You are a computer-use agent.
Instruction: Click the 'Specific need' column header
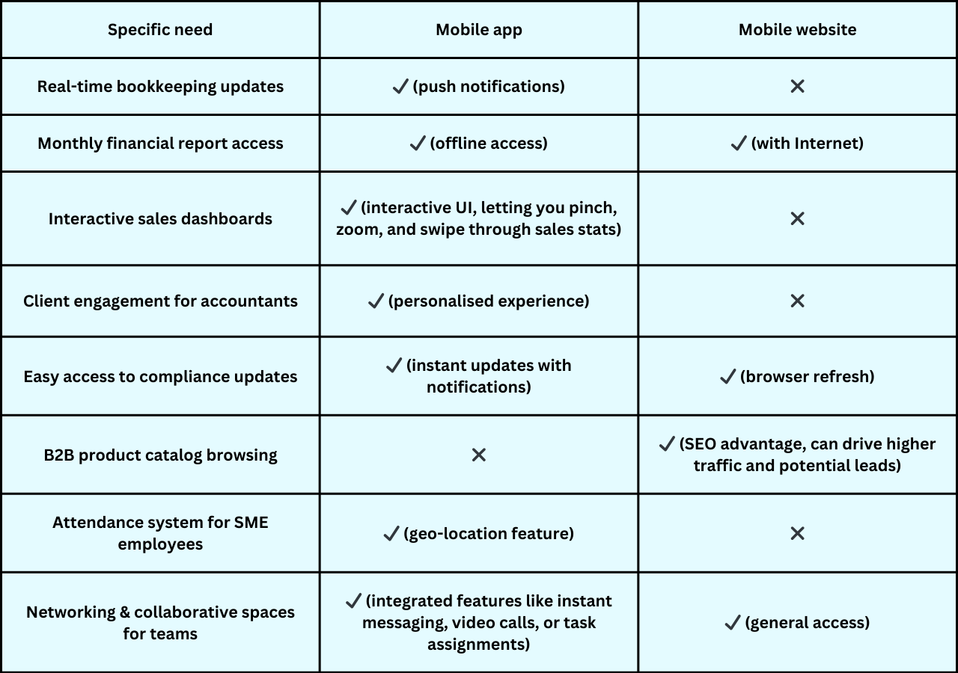click(x=160, y=30)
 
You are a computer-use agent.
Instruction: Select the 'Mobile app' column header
click(x=478, y=30)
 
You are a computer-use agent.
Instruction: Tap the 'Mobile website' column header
click(x=797, y=30)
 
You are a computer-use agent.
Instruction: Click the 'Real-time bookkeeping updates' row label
click(x=160, y=87)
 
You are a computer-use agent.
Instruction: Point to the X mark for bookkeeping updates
click(x=797, y=86)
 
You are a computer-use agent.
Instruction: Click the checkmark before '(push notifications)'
click(x=400, y=86)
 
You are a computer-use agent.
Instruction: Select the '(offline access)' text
click(x=489, y=143)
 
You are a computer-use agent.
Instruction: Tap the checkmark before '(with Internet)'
click(x=739, y=143)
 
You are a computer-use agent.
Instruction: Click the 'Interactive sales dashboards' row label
click(x=160, y=219)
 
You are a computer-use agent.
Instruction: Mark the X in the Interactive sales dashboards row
click(x=797, y=219)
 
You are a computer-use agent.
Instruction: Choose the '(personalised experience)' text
click(x=489, y=301)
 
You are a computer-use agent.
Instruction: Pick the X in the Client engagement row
click(x=797, y=301)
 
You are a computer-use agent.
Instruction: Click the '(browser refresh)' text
click(x=807, y=376)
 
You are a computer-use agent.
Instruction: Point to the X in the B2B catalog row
click(x=478, y=455)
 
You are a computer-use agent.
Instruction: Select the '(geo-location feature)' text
click(x=489, y=534)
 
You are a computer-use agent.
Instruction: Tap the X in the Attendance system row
click(x=797, y=533)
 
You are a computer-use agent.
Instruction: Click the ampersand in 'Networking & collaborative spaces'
click(x=125, y=612)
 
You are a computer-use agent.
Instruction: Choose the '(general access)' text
click(x=807, y=623)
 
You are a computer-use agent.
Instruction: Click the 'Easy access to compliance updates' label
click(x=160, y=377)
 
